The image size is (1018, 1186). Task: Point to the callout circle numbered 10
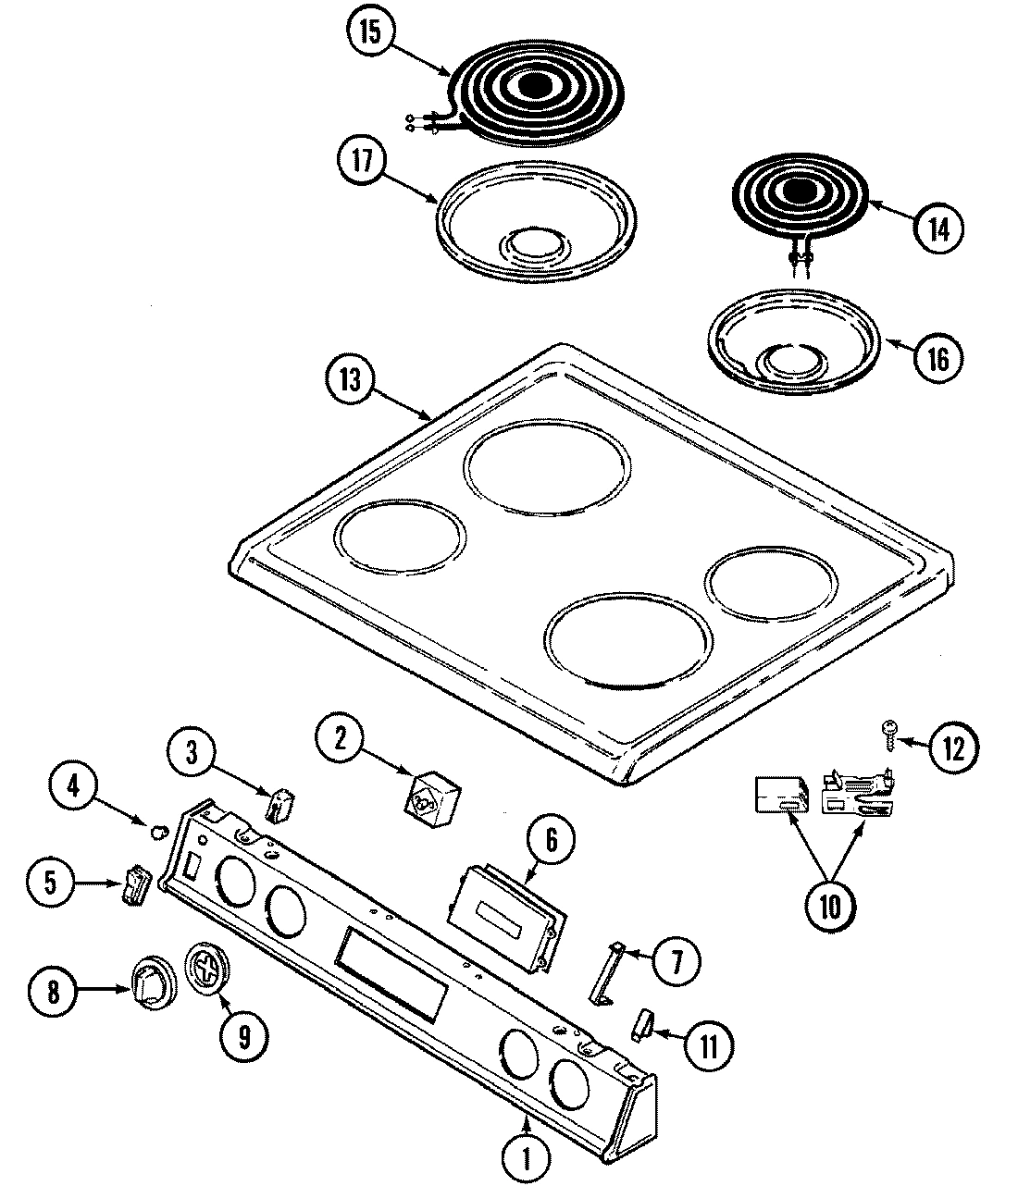coord(829,907)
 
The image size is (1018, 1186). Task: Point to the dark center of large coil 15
coord(533,86)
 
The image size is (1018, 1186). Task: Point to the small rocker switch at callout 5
coord(134,885)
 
